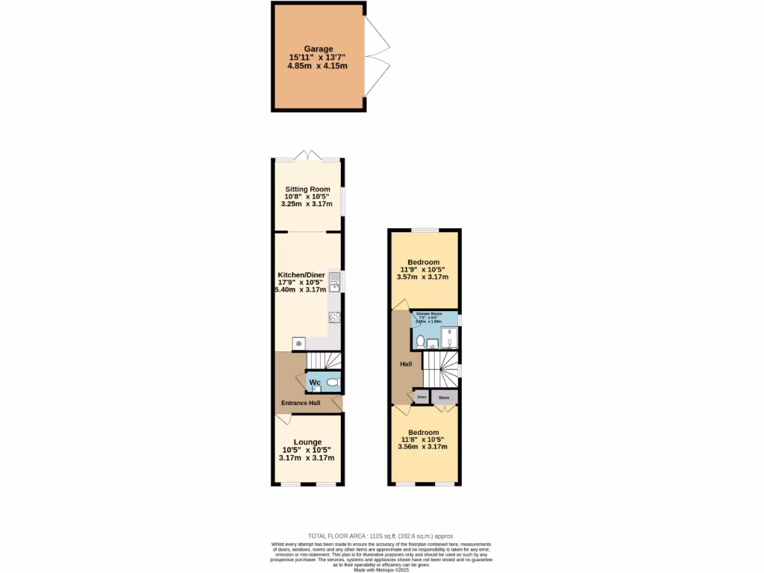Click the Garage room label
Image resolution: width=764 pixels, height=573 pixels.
(x=318, y=48)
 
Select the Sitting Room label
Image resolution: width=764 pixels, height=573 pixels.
(x=307, y=190)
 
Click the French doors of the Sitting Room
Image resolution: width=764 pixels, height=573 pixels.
(x=309, y=156)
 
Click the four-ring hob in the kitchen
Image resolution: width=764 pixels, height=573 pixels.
(x=335, y=317)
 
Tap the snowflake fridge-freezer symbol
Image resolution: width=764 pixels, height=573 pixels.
(x=299, y=343)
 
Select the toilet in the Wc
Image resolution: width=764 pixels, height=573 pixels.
(x=332, y=382)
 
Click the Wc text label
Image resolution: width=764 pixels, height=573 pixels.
(x=315, y=383)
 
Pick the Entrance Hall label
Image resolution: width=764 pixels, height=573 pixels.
(x=301, y=404)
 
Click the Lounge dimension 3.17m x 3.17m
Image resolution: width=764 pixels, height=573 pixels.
(x=305, y=458)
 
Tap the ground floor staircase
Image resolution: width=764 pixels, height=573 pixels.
(x=325, y=361)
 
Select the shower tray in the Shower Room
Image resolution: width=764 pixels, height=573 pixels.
(x=449, y=338)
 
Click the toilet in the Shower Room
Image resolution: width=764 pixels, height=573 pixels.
(x=420, y=342)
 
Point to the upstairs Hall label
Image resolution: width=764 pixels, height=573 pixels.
(x=406, y=364)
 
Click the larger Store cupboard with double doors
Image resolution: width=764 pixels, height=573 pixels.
(x=445, y=398)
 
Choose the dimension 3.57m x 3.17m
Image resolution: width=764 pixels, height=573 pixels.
(x=422, y=277)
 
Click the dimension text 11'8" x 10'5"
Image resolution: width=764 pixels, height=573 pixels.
(x=422, y=439)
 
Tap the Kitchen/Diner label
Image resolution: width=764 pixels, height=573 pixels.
(x=301, y=275)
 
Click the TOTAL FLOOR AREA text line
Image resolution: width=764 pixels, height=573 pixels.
(x=381, y=536)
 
